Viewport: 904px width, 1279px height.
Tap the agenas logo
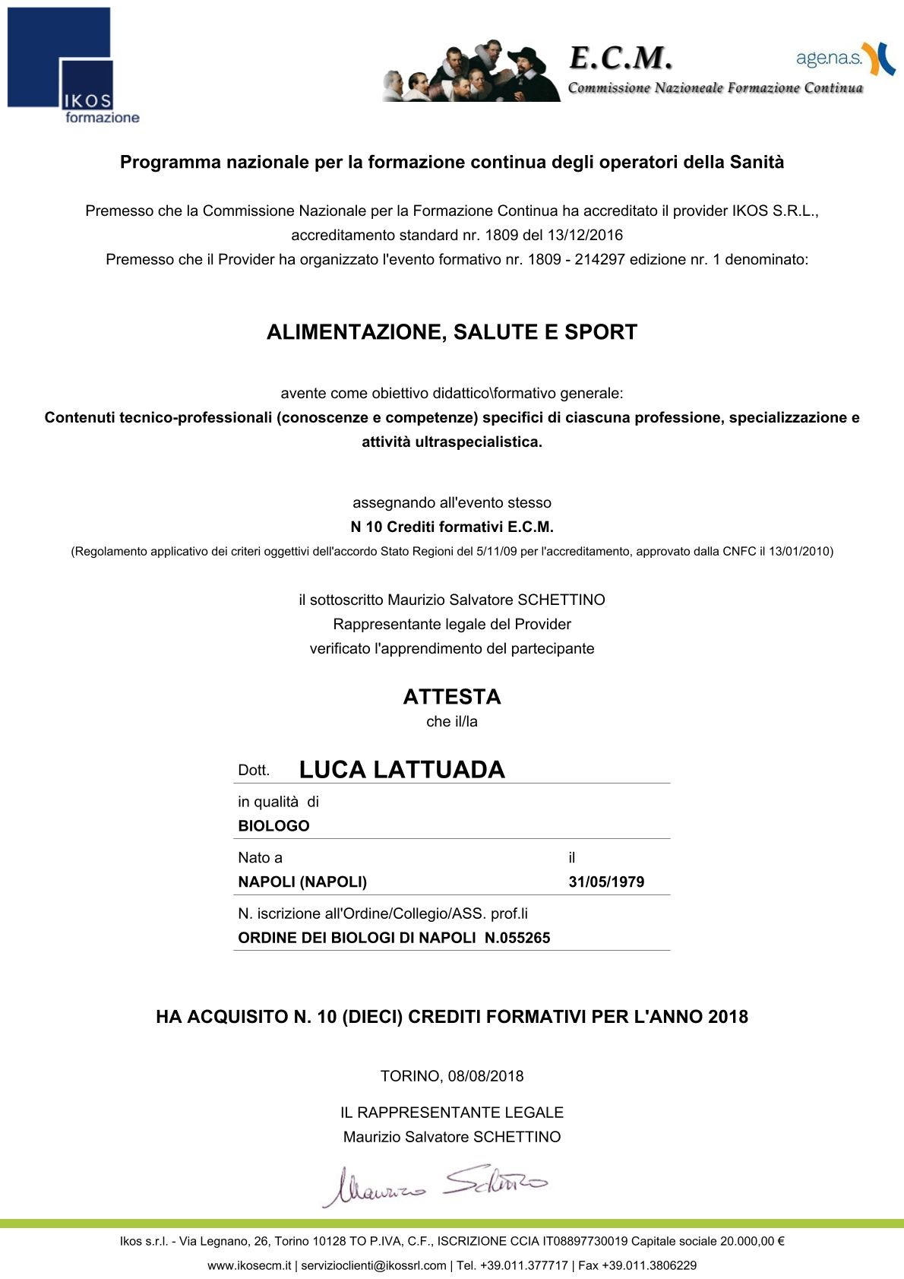click(x=845, y=59)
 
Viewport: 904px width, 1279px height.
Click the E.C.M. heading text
click(x=621, y=58)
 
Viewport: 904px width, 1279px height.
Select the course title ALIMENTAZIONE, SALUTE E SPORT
click(x=452, y=332)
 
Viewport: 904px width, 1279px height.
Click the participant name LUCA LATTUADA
click(x=402, y=770)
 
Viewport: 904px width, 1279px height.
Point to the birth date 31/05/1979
click(x=606, y=882)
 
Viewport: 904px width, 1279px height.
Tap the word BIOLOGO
click(x=273, y=826)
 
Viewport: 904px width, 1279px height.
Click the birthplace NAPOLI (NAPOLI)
click(x=302, y=882)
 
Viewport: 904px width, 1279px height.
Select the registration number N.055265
click(x=517, y=938)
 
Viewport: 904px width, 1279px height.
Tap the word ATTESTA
click(x=452, y=697)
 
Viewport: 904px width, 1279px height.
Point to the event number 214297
click(x=599, y=259)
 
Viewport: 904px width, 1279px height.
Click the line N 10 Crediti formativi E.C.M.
click(x=452, y=527)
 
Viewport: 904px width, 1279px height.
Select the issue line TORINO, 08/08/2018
click(x=452, y=1076)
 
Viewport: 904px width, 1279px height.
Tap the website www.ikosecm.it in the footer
click(x=249, y=1265)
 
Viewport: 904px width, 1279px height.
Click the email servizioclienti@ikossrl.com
click(x=373, y=1265)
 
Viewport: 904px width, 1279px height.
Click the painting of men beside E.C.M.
click(x=471, y=71)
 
